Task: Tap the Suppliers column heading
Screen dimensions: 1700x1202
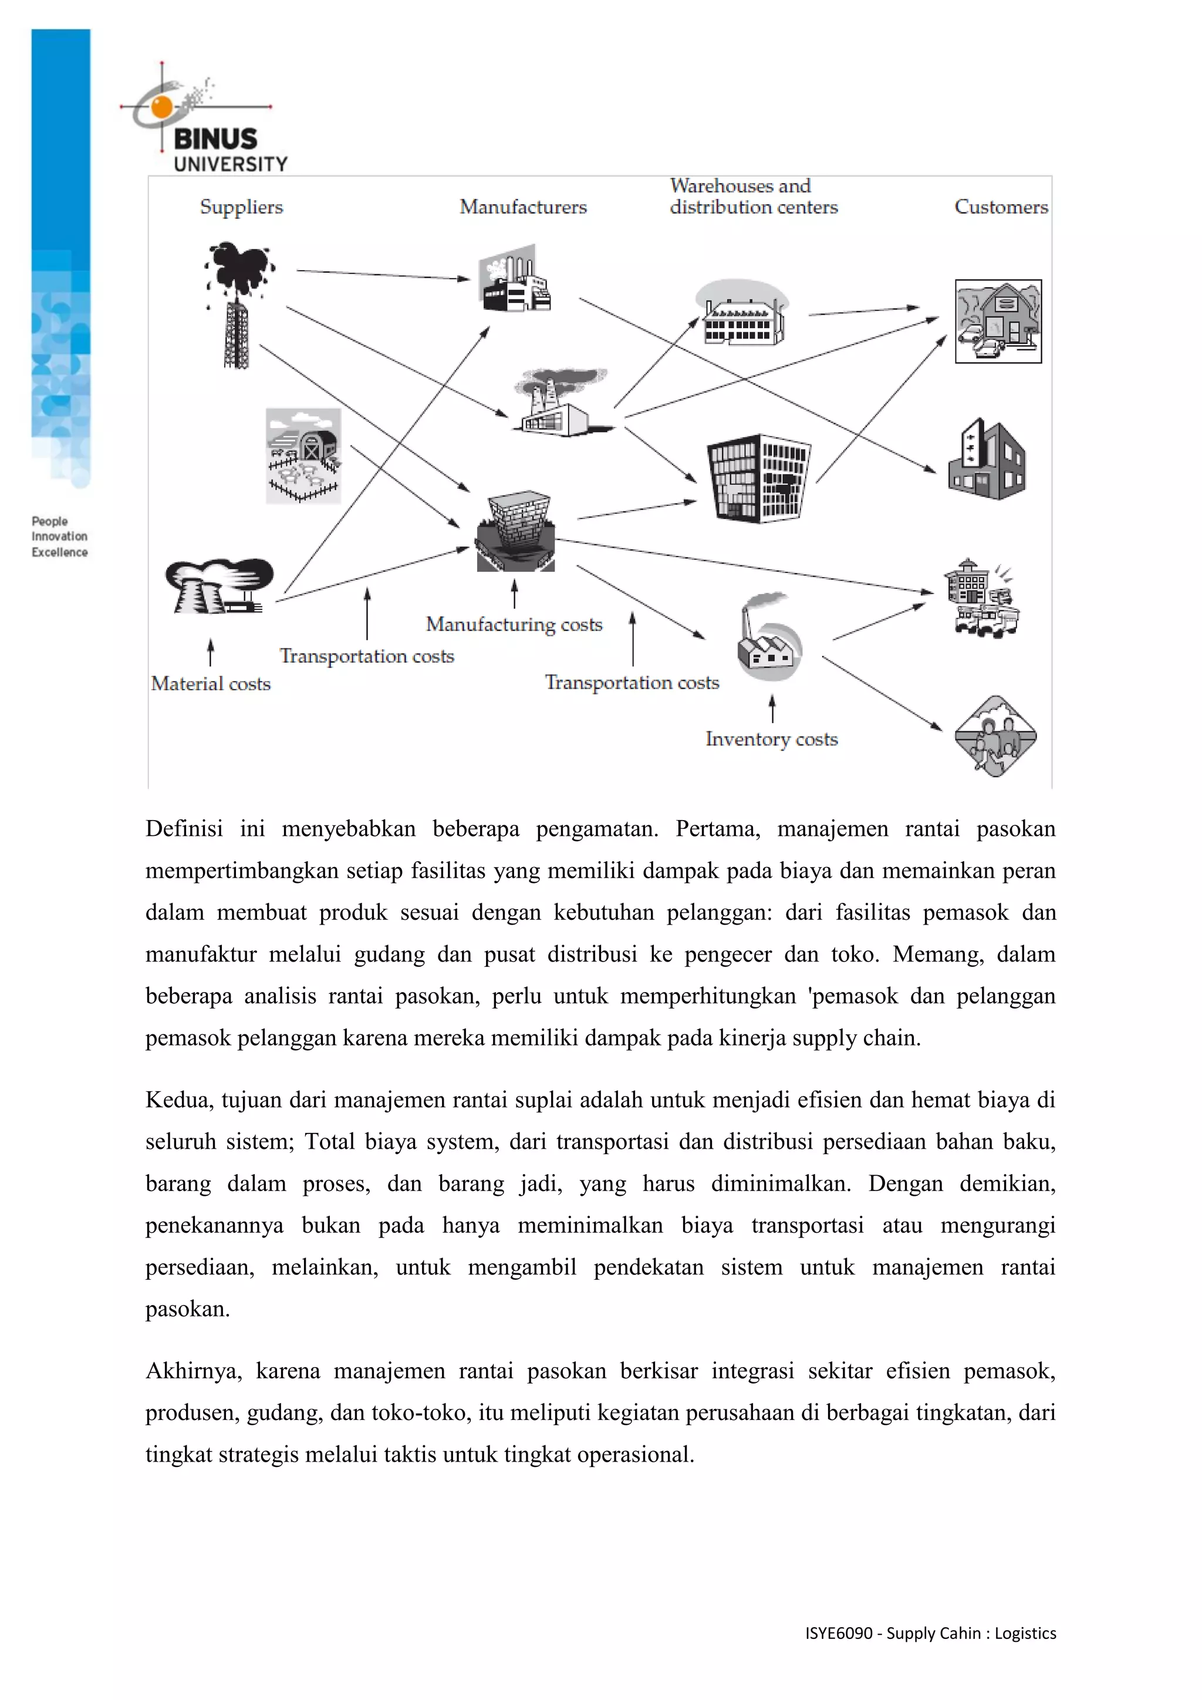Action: coord(241,207)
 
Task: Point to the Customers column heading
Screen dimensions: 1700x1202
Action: coord(1001,207)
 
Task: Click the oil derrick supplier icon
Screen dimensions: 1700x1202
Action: coord(238,303)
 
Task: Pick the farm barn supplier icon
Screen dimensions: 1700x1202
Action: coord(303,456)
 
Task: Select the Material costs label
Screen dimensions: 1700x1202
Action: coord(211,684)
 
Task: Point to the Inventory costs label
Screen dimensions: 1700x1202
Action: coord(771,740)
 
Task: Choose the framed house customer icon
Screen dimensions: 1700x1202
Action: coord(998,321)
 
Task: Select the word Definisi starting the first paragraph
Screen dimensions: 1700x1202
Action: coord(184,828)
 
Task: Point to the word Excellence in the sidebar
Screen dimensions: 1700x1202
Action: coord(59,552)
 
